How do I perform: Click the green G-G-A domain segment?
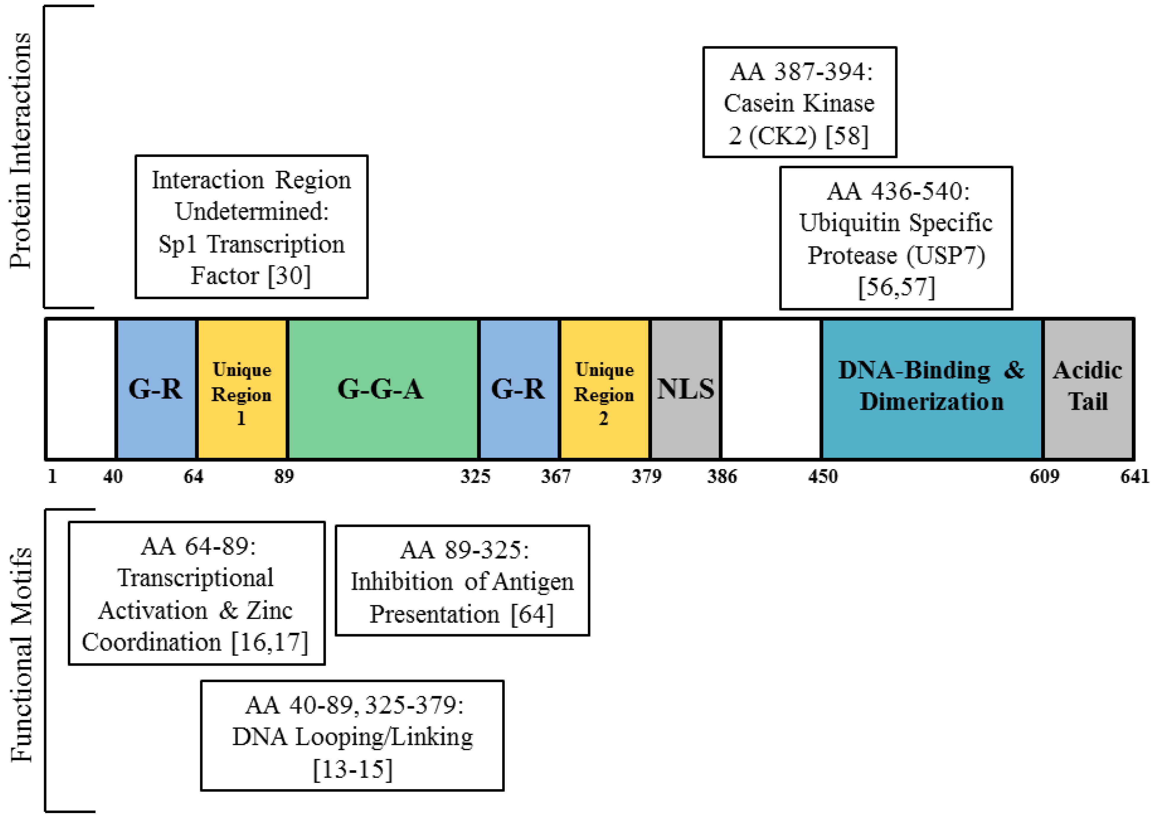[382, 389]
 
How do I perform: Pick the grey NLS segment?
[685, 389]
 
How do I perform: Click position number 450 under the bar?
[823, 476]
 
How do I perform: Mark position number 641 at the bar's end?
[1134, 476]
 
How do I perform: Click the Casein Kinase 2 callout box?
[800, 102]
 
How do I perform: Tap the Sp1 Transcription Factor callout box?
[251, 227]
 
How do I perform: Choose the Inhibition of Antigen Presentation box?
[462, 580]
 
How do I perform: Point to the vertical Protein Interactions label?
[21, 151]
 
